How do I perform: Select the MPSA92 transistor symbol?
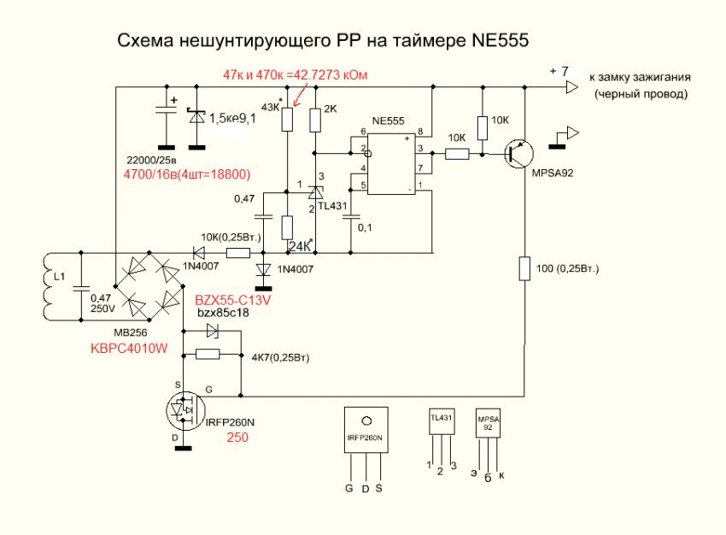514,155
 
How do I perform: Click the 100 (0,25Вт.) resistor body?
525,270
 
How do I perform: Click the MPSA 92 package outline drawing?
488,424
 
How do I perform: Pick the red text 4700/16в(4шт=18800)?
186,174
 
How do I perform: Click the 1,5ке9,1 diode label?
233,119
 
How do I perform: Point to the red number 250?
237,438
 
